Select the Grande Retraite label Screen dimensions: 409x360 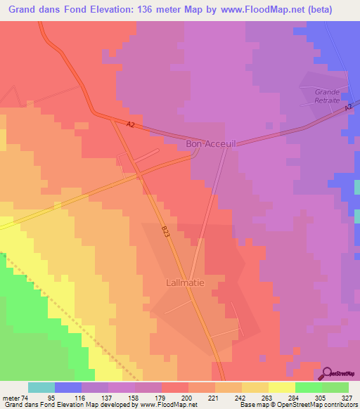coord(327,96)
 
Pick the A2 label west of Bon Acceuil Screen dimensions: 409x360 coord(130,125)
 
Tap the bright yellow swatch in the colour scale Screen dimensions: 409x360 coord(281,387)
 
